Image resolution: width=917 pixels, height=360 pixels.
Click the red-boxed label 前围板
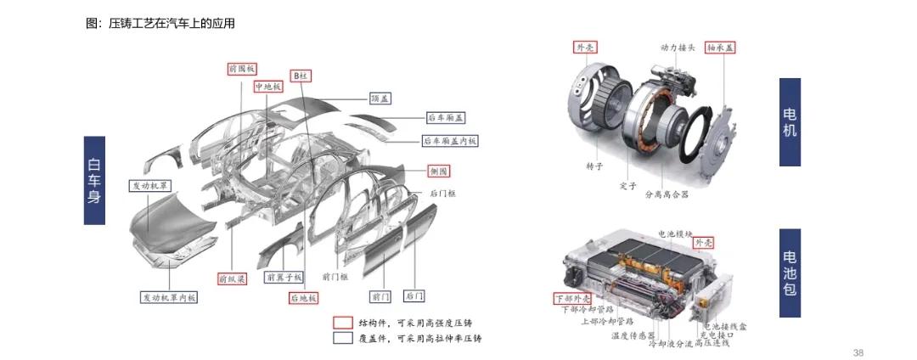(x=242, y=68)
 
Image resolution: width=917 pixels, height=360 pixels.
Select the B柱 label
(x=301, y=76)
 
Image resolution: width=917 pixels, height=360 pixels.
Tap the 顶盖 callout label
(x=380, y=98)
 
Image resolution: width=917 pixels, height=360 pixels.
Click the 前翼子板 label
(x=284, y=277)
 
